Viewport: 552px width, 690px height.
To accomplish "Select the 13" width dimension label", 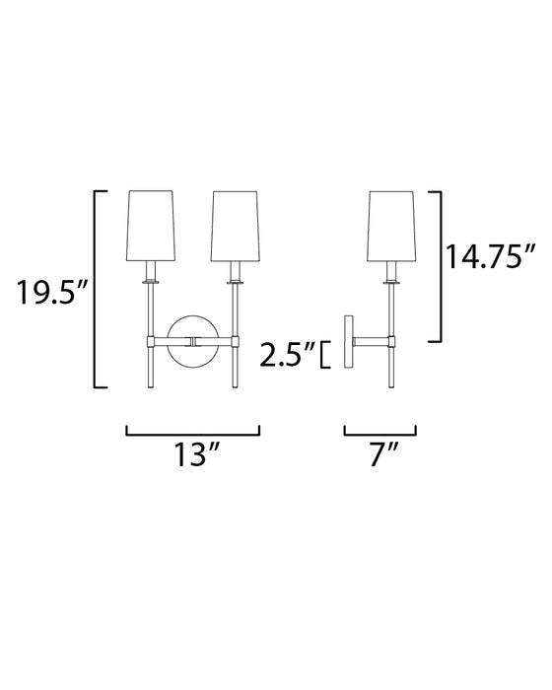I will click(193, 455).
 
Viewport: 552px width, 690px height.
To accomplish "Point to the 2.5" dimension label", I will click(286, 353).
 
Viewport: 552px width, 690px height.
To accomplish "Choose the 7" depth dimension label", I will click(379, 455).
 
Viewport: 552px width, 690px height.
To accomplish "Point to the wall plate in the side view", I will click(348, 341).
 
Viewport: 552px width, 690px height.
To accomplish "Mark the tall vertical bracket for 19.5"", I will click(96, 289).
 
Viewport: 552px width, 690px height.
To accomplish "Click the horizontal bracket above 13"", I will click(193, 432).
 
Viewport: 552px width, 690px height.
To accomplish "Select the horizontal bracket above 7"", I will click(379, 432).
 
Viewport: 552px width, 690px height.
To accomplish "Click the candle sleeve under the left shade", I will click(151, 272).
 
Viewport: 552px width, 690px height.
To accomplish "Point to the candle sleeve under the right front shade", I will click(235, 272).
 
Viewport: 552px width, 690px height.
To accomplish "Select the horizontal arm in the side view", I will click(371, 341).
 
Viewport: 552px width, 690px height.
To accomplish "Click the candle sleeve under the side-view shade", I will click(390, 272).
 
